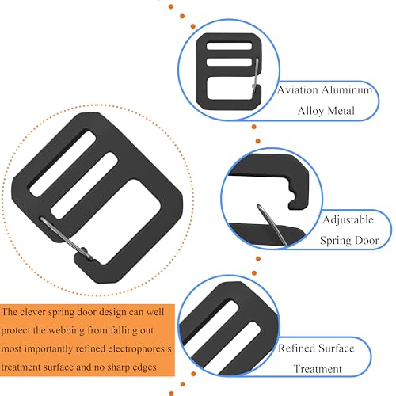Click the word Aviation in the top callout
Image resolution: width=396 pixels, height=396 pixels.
(298, 90)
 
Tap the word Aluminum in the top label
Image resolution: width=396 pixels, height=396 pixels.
(347, 90)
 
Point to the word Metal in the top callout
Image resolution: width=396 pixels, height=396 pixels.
(341, 111)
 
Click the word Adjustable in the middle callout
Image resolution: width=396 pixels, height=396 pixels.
(348, 220)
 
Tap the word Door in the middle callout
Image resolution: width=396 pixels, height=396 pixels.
(367, 240)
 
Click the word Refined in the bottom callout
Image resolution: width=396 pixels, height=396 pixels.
(295, 348)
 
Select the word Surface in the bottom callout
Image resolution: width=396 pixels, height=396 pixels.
(336, 348)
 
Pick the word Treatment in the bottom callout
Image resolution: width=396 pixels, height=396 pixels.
(318, 369)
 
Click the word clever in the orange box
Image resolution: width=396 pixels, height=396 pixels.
(32, 312)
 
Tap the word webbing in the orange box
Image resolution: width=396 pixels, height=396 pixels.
(67, 330)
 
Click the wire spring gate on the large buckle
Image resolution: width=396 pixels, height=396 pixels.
(66, 238)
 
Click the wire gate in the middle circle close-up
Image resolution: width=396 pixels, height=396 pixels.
(272, 225)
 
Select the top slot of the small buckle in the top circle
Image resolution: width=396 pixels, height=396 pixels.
(229, 46)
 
